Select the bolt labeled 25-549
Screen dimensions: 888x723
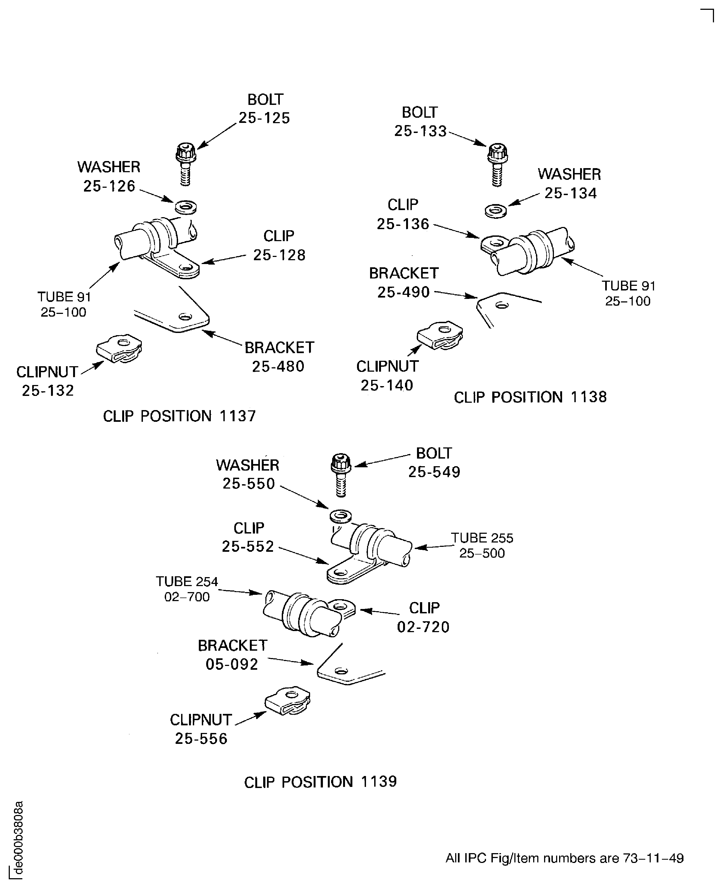tap(341, 474)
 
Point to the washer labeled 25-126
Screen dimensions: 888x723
tap(186, 207)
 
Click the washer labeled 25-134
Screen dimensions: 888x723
tap(496, 211)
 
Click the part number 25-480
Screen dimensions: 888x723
tap(278, 366)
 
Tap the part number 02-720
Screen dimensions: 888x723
tap(423, 627)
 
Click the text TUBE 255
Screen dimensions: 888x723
tap(482, 538)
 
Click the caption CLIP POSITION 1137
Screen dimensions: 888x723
tap(179, 416)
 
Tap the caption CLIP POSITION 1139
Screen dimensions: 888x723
tap(320, 782)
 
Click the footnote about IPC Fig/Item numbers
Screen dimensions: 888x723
tap(564, 858)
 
